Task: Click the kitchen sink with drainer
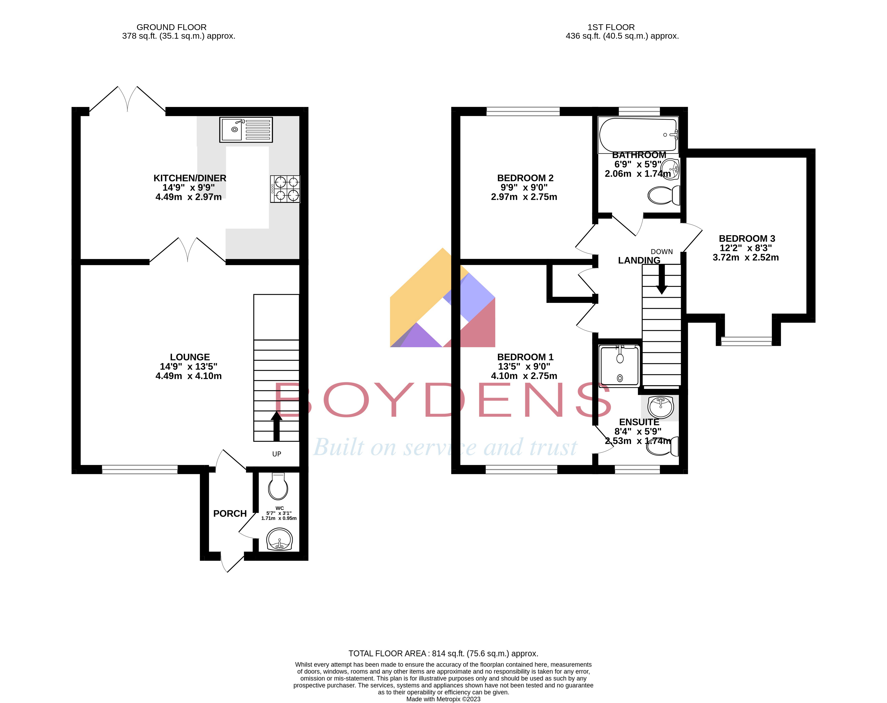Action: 246,129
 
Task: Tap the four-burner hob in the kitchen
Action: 285,189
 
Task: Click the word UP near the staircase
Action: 276,454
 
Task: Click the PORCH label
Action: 230,513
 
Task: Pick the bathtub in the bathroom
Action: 638,134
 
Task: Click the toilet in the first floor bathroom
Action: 663,195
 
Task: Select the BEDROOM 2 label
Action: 525,178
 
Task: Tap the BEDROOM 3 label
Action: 747,238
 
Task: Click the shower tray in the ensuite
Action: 619,366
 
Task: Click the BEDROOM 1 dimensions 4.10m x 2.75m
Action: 524,376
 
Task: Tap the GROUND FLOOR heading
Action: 171,27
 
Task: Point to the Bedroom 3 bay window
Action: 746,341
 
